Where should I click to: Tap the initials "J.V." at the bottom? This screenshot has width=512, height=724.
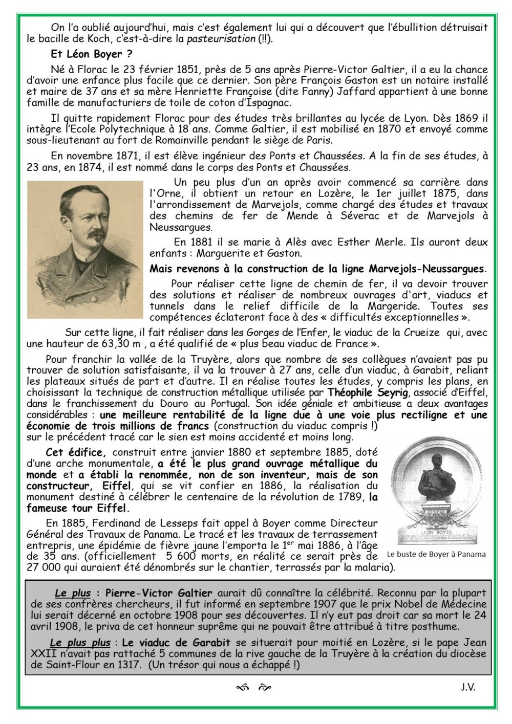pos(467,688)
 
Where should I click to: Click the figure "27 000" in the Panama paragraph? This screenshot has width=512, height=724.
pos(60,567)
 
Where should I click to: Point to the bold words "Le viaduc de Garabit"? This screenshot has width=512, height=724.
pos(165,642)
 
